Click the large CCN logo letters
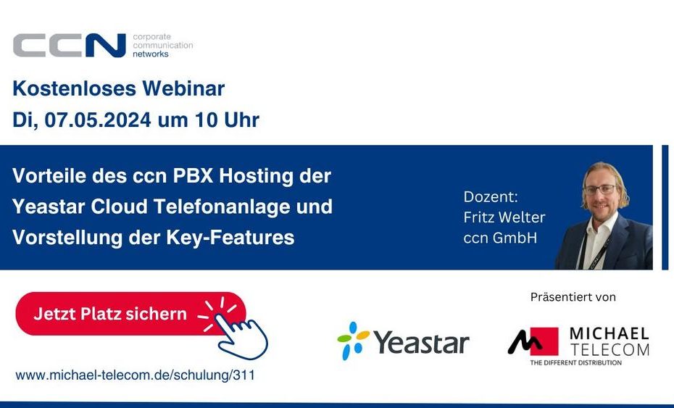[69, 45]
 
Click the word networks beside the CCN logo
[151, 54]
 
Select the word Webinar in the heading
[183, 88]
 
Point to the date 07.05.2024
[98, 120]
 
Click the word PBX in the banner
[193, 176]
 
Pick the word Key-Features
[230, 238]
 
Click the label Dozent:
[491, 197]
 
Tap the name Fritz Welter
[504, 217]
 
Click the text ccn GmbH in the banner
[500, 238]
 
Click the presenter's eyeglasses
[600, 190]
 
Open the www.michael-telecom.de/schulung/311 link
[135, 375]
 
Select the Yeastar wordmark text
[421, 343]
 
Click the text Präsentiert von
[573, 297]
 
